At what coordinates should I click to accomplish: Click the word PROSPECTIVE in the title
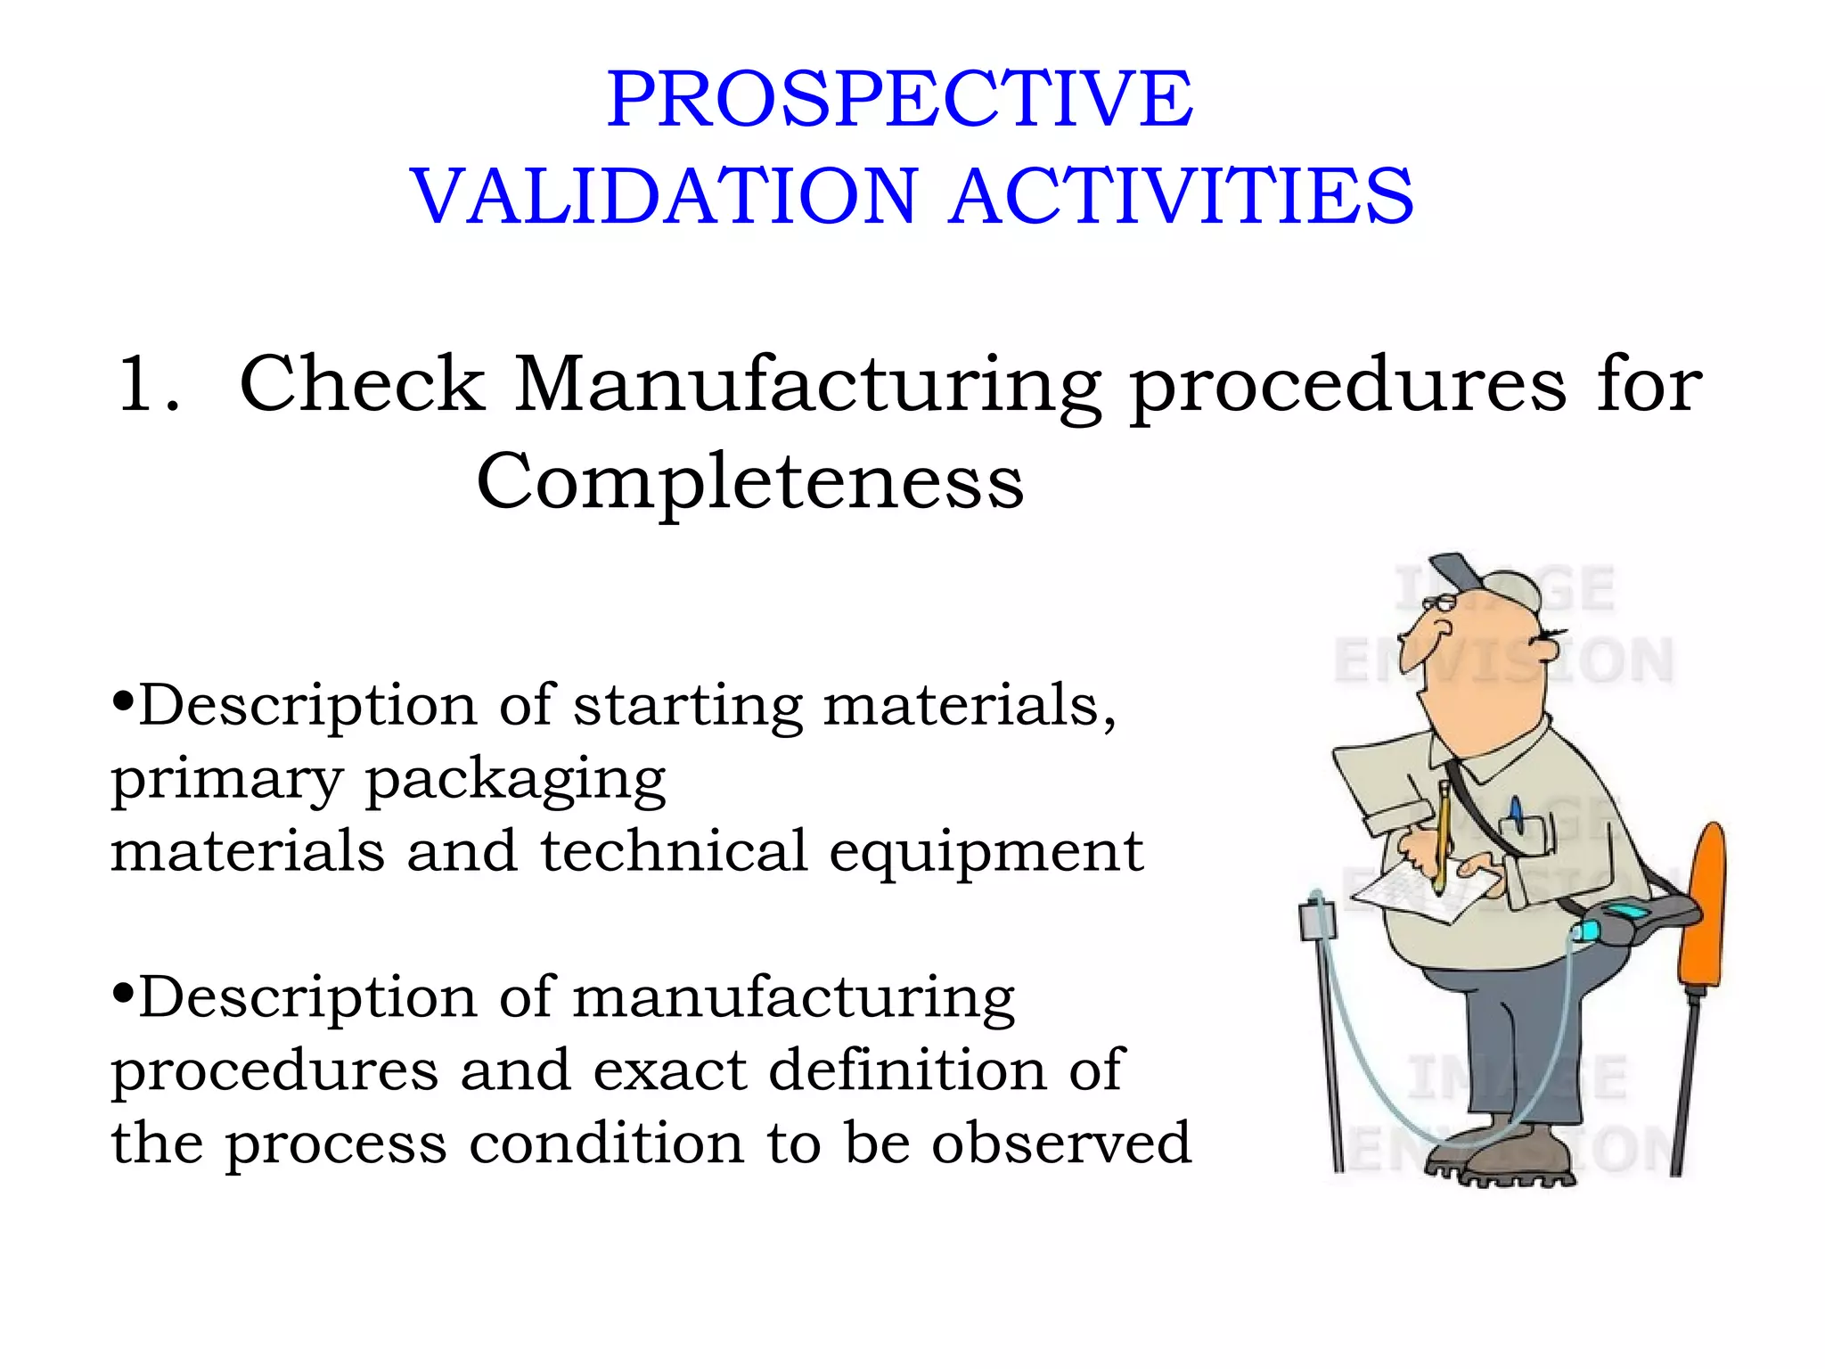click(x=899, y=99)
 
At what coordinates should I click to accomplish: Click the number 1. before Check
click(x=147, y=384)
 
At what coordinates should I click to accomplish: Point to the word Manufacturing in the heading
click(x=807, y=385)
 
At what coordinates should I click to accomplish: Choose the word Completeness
click(x=749, y=481)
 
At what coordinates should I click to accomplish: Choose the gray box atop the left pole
click(x=1317, y=918)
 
